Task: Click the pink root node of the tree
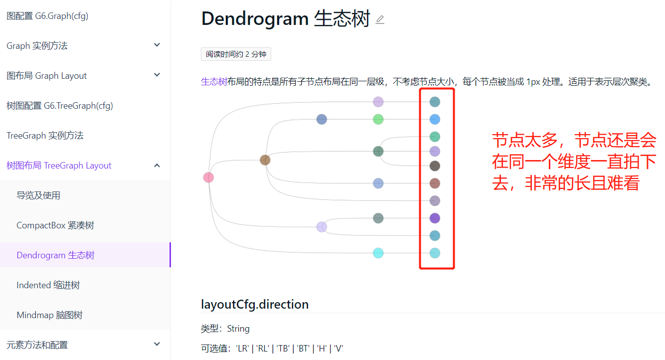[x=208, y=178]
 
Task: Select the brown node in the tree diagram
[x=265, y=160]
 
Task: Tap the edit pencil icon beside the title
[x=380, y=20]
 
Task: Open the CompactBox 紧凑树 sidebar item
[x=55, y=225]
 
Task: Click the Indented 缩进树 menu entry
[x=48, y=285]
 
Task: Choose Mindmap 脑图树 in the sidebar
[x=49, y=315]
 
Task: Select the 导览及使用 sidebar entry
[x=38, y=195]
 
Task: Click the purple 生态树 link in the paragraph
[x=214, y=82]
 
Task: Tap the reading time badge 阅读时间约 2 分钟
[x=236, y=54]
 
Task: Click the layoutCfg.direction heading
[x=255, y=304]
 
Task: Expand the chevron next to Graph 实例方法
[x=157, y=45]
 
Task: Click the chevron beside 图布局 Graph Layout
[x=157, y=75]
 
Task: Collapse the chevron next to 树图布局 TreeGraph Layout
[x=157, y=165]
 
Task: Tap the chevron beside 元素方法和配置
[x=157, y=344]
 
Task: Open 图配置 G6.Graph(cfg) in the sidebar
[x=47, y=16]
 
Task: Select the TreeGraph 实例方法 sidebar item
[x=45, y=136]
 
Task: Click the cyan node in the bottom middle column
[x=378, y=253]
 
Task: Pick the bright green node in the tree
[x=378, y=119]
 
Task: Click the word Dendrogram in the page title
[x=255, y=19]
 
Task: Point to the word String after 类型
[x=238, y=329]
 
